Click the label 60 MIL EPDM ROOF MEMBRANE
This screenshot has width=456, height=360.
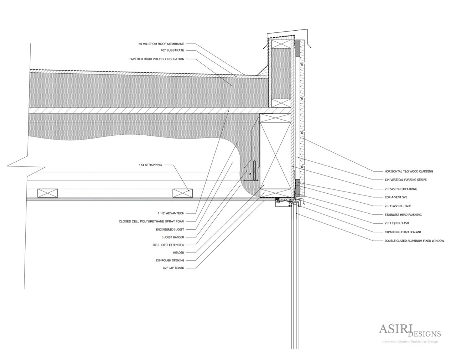coord(161,44)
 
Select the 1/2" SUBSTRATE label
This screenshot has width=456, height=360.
coord(172,51)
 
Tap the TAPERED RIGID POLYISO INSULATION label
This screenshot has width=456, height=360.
coord(156,59)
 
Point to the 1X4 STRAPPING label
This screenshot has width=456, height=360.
coord(150,165)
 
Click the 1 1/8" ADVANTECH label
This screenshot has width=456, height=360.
coord(171,213)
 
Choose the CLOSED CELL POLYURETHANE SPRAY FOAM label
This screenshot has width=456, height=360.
coord(151,221)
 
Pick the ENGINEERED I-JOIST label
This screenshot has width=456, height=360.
coord(170,229)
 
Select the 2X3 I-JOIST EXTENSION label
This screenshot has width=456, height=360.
coord(168,245)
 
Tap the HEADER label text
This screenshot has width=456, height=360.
coord(178,253)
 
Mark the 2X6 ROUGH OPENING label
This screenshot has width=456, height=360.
coord(170,260)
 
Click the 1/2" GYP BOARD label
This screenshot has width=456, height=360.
coord(172,268)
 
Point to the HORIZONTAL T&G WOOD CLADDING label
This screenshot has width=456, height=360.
coord(409,171)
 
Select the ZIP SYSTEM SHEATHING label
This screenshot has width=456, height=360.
coord(401,189)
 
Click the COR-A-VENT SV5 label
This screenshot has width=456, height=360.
coord(396,197)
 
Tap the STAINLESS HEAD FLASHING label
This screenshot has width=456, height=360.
coord(403,215)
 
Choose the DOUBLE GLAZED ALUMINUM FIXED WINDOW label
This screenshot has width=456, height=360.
coord(414,241)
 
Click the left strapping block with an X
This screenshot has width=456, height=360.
coord(47,193)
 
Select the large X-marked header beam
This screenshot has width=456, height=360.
coord(275,155)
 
